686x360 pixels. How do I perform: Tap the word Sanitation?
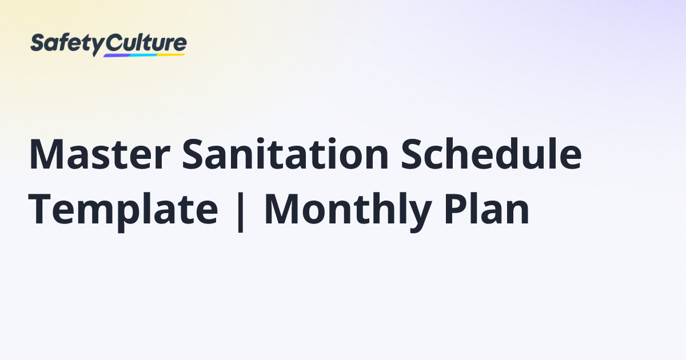pos(285,154)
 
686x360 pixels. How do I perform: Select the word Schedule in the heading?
pos(491,153)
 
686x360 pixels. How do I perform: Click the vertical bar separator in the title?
pos(241,212)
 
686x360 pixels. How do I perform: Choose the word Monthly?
pos(348,211)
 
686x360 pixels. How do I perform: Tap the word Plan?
pos(486,209)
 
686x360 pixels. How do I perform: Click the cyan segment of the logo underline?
pos(144,55)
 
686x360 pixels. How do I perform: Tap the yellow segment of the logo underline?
pos(171,55)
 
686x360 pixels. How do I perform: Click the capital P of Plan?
pos(456,209)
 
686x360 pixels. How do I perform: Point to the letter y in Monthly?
pos(420,217)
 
